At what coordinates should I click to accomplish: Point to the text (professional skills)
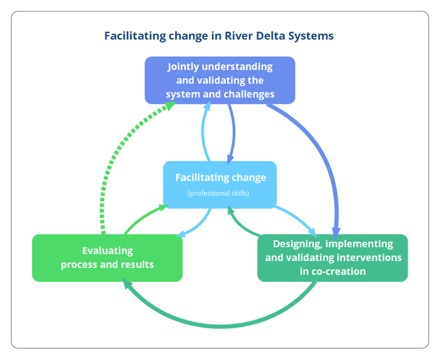tap(219, 193)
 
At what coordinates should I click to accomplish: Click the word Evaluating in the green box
tap(108, 250)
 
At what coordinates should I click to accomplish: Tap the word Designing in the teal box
tap(297, 243)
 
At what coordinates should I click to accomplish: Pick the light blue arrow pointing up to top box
tap(204, 134)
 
